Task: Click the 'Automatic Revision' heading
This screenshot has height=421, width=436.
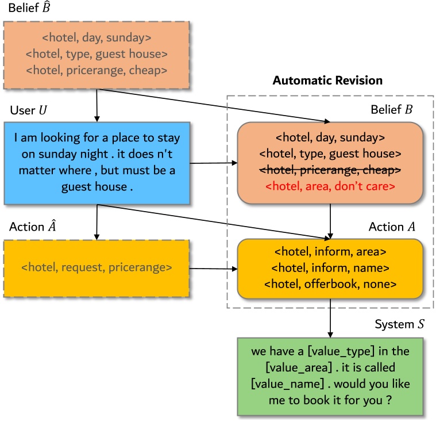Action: click(327, 81)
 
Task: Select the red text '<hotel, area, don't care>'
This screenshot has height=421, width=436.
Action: click(330, 186)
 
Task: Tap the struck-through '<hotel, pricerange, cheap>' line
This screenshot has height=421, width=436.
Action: click(330, 170)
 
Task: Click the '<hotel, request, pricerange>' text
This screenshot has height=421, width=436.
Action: click(96, 267)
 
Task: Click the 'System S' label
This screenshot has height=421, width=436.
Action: click(400, 324)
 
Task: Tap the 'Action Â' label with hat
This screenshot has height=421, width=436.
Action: click(31, 227)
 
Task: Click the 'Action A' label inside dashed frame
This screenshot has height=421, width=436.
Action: click(395, 227)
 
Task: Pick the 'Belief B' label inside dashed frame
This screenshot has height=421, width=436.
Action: click(396, 109)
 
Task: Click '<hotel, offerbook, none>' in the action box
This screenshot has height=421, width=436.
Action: click(330, 284)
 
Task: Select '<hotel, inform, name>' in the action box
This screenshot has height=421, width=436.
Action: click(330, 267)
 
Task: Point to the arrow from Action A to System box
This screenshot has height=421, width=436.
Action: click(330, 318)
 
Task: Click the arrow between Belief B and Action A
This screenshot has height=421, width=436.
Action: click(330, 221)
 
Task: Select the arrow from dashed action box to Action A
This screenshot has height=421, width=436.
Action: click(213, 268)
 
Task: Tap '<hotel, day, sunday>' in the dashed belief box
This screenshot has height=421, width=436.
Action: click(96, 39)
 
